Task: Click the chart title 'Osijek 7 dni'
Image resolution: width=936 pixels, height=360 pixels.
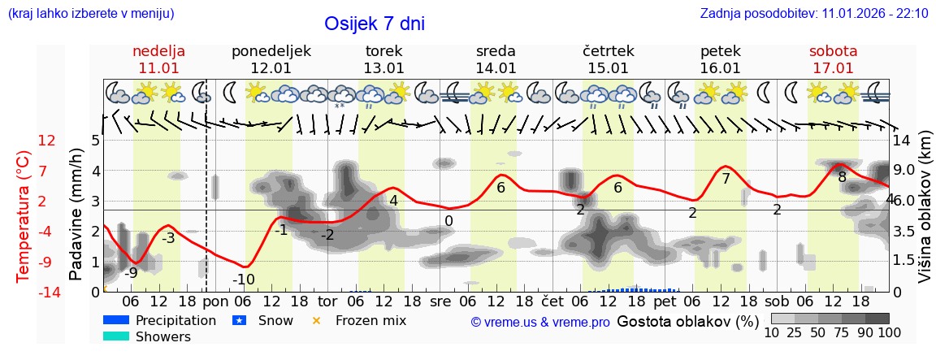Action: point(374,24)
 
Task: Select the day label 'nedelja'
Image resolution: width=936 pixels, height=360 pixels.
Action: point(159,51)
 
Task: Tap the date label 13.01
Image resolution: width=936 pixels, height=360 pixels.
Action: point(383,68)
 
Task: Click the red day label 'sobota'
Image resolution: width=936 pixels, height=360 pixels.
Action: point(833,51)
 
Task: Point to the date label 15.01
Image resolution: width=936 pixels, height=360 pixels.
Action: point(608,68)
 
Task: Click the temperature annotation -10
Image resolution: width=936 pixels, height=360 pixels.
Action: point(244,280)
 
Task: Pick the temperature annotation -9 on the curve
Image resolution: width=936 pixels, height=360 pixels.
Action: point(130,272)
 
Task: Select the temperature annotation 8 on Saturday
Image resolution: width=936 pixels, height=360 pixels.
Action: point(843,177)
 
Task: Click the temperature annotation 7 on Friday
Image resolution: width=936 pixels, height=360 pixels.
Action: point(726,178)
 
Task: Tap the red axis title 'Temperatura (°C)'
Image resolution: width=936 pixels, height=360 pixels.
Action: point(24,215)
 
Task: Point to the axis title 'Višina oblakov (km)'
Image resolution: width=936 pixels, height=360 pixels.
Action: point(925,215)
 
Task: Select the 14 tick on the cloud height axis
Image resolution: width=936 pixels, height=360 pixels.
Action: point(902,141)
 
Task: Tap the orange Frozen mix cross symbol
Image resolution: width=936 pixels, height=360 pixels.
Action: point(317,320)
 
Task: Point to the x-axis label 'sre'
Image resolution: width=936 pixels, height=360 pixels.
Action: point(440,300)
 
